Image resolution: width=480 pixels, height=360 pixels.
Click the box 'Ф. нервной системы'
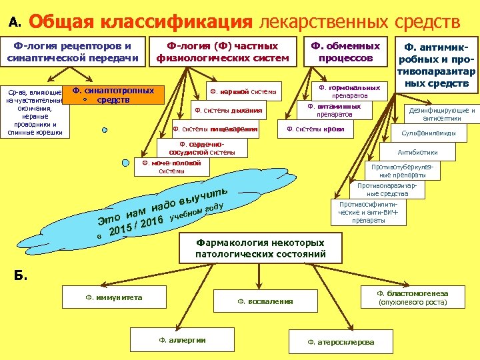tap(243, 91)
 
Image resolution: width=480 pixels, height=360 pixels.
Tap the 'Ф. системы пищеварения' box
tap(215, 129)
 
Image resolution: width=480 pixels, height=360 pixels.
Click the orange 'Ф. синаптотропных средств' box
tap(113, 95)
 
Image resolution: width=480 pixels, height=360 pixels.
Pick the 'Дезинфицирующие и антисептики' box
tap(441, 114)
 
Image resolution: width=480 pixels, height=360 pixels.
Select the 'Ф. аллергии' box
tap(182, 340)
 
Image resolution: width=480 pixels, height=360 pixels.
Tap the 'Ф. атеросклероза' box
tap(341, 341)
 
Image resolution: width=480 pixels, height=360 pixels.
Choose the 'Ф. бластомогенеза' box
tap(411, 297)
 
